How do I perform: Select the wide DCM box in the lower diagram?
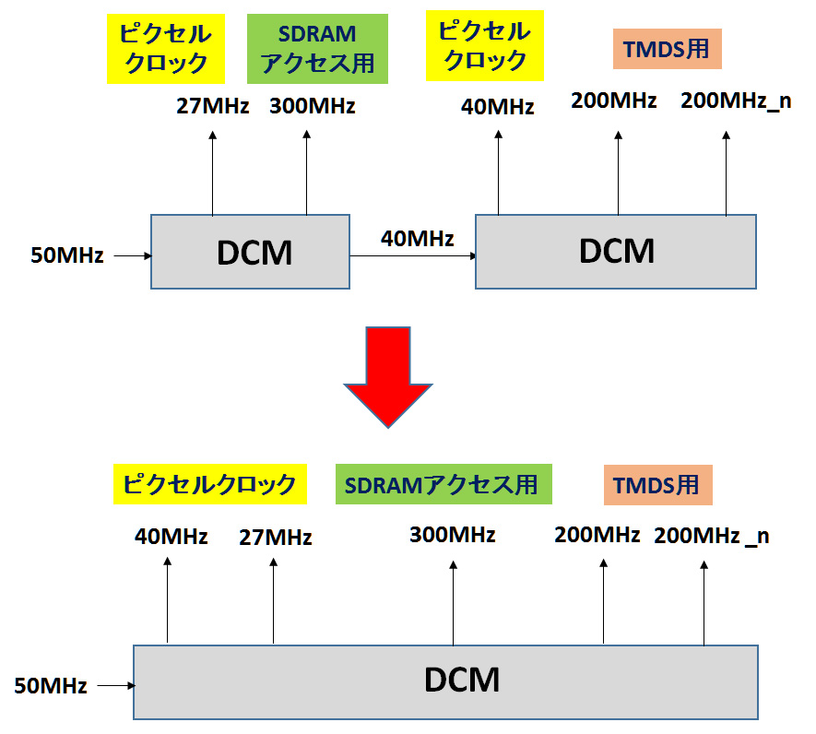446,681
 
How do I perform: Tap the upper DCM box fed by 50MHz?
250,252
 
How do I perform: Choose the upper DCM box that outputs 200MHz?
616,251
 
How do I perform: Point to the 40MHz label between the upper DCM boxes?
417,239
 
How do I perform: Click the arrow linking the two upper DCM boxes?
412,257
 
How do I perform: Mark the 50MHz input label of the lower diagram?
51,686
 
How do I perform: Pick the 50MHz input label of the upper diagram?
66,255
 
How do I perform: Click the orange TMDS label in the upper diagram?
666,50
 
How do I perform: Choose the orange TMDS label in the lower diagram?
656,485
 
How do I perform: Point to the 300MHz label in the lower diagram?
453,535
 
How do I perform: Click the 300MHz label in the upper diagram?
313,106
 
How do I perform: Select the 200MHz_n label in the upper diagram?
735,101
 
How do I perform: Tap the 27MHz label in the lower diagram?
275,537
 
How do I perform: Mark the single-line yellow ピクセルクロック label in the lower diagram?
209,485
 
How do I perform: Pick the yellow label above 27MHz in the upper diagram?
165,49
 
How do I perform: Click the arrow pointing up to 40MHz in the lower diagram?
167,599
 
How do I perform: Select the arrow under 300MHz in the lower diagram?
453,604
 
